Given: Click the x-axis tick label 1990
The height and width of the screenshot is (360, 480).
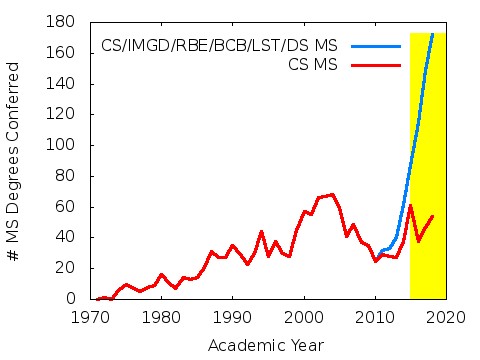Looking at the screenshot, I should [232, 317].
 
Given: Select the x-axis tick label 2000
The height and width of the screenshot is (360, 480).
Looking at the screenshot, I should [303, 317].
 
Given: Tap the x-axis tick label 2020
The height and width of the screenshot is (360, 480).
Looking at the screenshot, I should [445, 317].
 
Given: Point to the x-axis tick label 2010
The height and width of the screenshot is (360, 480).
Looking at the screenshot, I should [374, 317].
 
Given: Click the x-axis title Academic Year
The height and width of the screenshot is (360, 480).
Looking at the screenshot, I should [265, 345].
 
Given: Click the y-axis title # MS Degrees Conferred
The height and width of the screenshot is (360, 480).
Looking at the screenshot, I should [14, 160].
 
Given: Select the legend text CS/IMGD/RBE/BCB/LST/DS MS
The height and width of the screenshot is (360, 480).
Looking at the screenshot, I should [219, 46].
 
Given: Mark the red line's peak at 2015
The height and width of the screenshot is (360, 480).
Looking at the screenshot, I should [410, 206].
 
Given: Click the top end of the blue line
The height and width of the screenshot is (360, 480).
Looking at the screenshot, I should [432, 34].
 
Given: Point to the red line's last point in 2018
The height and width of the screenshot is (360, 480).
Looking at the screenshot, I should [432, 216].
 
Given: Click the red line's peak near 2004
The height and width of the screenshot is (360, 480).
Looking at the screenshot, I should [332, 195].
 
